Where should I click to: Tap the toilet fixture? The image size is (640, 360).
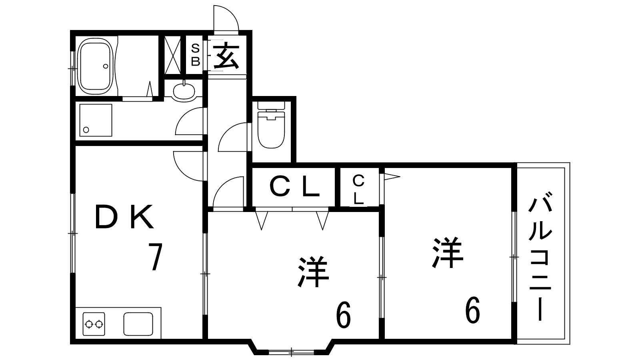(271, 126)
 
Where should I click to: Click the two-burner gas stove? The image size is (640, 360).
(94, 324)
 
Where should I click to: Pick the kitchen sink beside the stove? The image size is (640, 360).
(138, 324)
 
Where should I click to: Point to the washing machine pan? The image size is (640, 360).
(96, 120)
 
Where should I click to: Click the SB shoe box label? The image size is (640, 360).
(196, 55)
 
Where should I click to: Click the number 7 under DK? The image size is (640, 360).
(156, 256)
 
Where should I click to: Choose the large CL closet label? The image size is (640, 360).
(294, 187)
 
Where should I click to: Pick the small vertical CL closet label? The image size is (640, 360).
(358, 190)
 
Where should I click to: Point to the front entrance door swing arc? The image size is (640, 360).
(226, 18)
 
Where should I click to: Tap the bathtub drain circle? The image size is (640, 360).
(106, 66)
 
